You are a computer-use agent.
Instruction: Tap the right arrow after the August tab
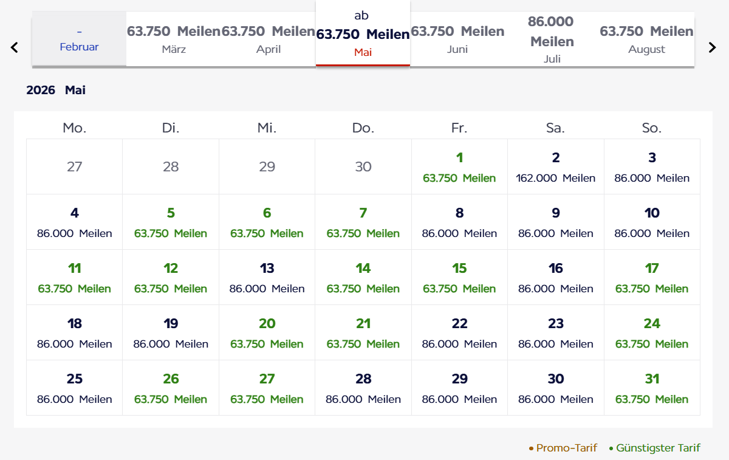[x=713, y=47]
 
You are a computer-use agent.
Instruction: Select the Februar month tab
[x=79, y=39]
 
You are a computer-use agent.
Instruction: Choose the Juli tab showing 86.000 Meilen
[x=552, y=39]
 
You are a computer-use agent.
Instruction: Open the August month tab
[x=646, y=39]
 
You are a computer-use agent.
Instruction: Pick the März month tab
[x=174, y=39]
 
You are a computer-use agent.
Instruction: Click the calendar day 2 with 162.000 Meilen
[x=555, y=166]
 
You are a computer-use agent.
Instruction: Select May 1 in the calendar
[x=459, y=166]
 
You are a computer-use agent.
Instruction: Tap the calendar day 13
[x=267, y=277]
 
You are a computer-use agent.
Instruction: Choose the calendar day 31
[x=652, y=388]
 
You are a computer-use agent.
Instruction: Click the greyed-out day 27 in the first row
[x=74, y=166]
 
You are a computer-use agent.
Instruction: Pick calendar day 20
[x=267, y=332]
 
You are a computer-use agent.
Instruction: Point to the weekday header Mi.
[x=267, y=128]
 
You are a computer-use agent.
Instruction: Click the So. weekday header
[x=652, y=128]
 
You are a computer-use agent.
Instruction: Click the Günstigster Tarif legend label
[x=658, y=448]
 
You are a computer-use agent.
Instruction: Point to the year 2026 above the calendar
[x=41, y=91]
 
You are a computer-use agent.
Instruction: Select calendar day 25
[x=74, y=388]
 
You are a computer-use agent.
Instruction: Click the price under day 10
[x=652, y=233]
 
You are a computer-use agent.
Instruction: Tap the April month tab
[x=269, y=39]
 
